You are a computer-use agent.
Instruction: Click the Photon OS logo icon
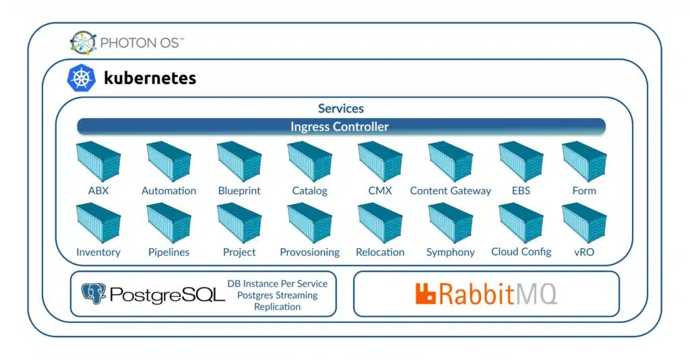click(x=83, y=42)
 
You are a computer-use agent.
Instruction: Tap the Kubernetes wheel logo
click(x=81, y=78)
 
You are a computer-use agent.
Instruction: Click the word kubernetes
click(x=150, y=78)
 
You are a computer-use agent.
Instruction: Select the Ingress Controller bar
click(x=341, y=127)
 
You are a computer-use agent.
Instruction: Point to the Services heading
click(x=341, y=109)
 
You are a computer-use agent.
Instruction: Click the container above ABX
click(x=98, y=162)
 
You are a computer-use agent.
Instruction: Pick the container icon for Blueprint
click(x=239, y=162)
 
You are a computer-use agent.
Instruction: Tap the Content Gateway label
click(x=451, y=191)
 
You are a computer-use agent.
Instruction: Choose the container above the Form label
click(x=584, y=162)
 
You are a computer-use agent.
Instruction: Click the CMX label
click(x=380, y=191)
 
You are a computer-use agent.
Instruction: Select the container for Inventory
click(x=98, y=223)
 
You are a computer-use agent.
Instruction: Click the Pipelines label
click(x=169, y=252)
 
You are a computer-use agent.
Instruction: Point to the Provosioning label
click(x=310, y=252)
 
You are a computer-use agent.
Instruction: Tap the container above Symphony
click(x=451, y=223)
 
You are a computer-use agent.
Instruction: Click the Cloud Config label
click(x=522, y=251)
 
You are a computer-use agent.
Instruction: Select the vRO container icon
click(x=584, y=223)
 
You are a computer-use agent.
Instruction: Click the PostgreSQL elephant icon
click(x=94, y=293)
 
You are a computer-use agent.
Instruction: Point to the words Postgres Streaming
click(x=277, y=295)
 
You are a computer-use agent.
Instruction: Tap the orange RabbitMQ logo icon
click(x=426, y=294)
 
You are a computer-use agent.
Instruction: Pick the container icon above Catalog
click(x=310, y=162)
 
